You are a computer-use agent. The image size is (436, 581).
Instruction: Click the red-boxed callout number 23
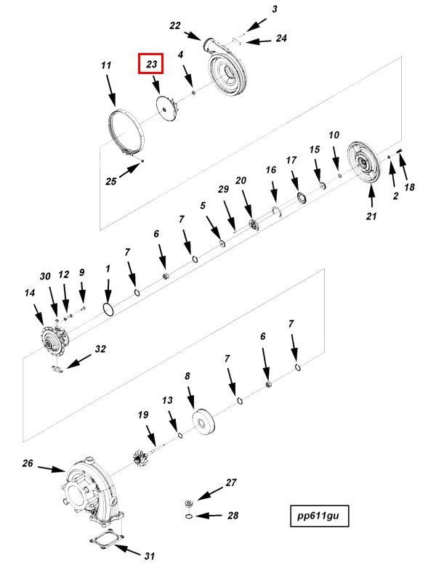152,64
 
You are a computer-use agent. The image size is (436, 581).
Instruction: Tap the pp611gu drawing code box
319,516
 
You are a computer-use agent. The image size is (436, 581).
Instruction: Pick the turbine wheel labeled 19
141,458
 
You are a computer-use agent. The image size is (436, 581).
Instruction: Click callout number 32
100,349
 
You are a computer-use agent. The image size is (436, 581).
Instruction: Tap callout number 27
231,482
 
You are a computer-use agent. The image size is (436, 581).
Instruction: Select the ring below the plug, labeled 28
187,516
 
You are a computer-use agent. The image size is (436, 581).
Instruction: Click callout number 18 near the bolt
409,187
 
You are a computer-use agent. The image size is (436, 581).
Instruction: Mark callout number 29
224,190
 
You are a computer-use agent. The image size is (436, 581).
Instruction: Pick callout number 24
281,38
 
